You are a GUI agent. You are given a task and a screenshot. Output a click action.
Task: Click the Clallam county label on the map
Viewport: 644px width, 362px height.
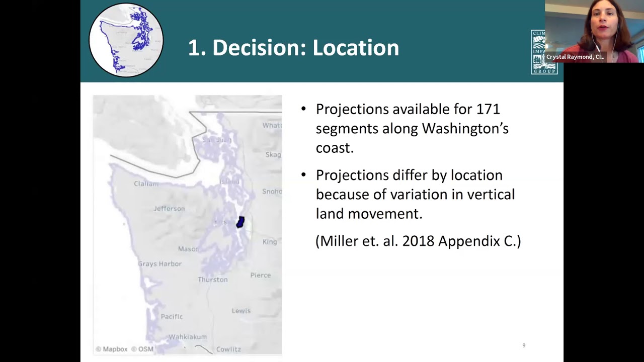click(x=146, y=184)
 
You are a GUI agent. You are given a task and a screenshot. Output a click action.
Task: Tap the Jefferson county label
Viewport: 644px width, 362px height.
click(x=170, y=209)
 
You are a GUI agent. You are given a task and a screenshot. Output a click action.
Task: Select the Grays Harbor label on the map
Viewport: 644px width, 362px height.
click(x=159, y=264)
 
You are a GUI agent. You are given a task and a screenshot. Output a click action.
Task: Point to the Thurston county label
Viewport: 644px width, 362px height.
click(x=213, y=280)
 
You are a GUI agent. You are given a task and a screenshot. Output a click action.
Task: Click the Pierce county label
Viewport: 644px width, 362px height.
click(x=261, y=275)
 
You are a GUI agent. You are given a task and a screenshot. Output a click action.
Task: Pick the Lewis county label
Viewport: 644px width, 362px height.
click(x=241, y=311)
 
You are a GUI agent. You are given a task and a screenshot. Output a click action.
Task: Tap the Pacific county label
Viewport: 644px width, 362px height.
click(x=172, y=317)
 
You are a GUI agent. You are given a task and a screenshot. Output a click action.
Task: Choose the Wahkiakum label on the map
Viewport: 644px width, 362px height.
click(x=188, y=337)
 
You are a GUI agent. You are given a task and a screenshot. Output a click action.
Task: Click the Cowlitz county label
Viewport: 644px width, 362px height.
click(x=228, y=349)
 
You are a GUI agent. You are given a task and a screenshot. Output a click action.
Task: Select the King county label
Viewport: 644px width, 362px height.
click(x=270, y=242)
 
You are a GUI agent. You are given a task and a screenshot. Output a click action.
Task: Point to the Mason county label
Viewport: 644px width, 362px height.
click(x=188, y=249)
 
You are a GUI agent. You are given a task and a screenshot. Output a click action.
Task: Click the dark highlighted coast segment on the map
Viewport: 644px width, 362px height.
click(x=240, y=222)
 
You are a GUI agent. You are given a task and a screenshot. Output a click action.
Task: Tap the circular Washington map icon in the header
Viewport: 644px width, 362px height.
click(x=126, y=40)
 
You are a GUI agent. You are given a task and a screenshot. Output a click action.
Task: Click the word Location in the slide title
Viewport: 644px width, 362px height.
click(x=356, y=48)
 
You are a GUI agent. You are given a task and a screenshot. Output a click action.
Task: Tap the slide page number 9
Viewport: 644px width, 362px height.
click(x=524, y=345)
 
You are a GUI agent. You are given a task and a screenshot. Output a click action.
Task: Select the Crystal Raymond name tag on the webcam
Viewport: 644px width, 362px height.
click(x=575, y=57)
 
